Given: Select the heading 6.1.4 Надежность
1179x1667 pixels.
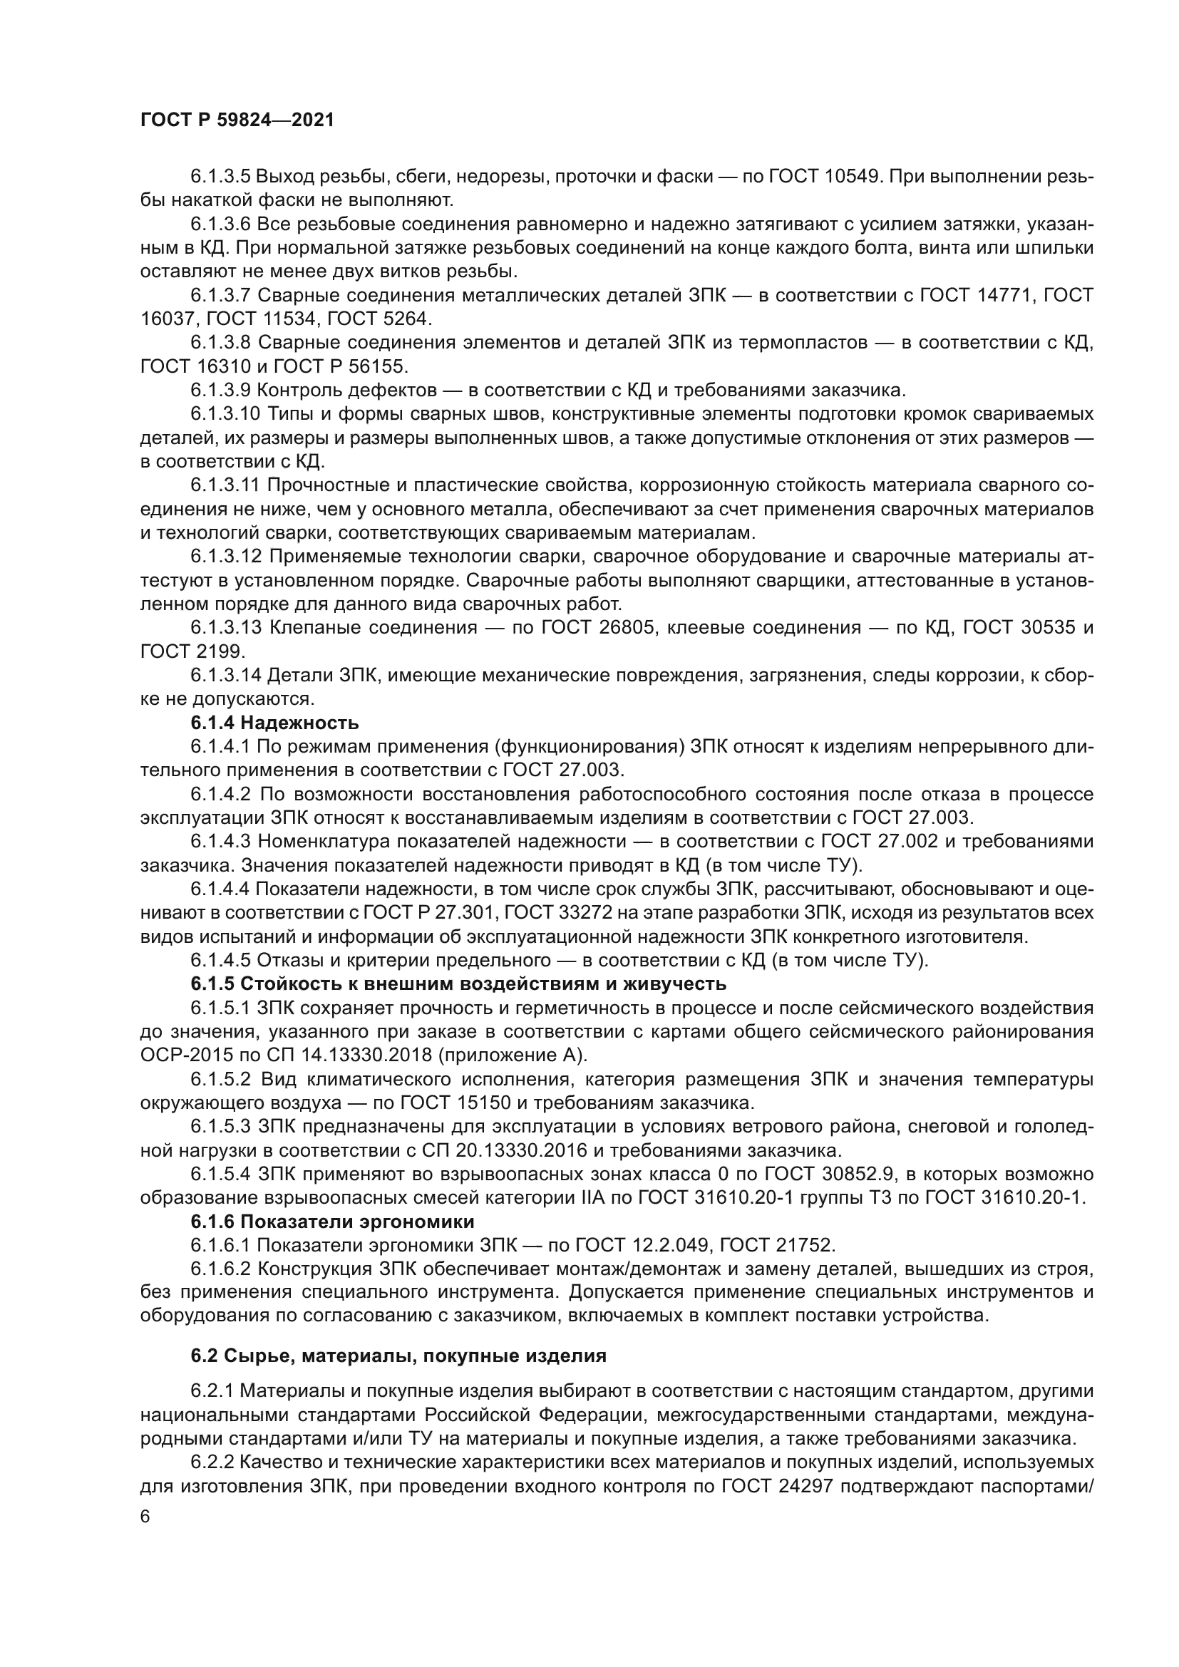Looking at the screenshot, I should click(x=274, y=723).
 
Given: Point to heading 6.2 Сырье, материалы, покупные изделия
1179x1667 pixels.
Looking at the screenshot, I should click(x=398, y=1355).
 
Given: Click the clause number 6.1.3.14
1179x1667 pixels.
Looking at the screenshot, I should click(x=226, y=675).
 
